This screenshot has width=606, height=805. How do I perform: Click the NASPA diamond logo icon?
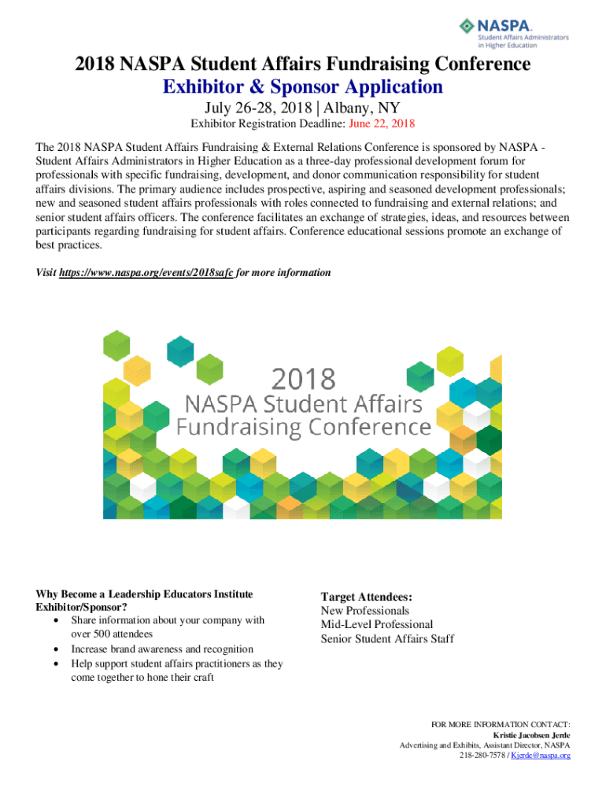coord(467,28)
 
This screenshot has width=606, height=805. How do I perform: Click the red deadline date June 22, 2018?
coord(382,123)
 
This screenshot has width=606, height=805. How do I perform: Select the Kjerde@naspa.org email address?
coord(541,755)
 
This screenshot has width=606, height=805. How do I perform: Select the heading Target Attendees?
coord(367,597)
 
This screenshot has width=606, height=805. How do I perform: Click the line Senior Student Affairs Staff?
coord(387,638)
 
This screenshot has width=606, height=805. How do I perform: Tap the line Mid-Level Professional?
coord(377,624)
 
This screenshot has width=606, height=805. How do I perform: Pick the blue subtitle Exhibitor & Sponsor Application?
coord(303,86)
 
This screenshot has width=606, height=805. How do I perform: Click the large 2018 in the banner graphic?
coord(303,380)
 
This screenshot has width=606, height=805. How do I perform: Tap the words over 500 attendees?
coord(112,634)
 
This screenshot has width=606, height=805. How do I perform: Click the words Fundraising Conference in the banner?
coord(303,428)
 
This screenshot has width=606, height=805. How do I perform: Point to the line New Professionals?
coord(365,611)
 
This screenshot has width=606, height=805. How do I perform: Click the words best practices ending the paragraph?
coord(69,245)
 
